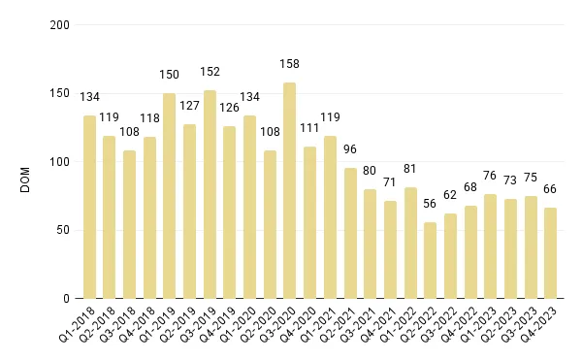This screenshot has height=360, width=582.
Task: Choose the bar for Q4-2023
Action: [x=550, y=253]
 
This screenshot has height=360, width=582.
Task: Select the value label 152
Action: [x=210, y=71]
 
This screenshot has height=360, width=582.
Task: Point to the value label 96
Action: [x=349, y=150]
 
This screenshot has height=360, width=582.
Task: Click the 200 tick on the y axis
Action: [x=59, y=25]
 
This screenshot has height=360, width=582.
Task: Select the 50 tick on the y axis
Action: [x=62, y=230]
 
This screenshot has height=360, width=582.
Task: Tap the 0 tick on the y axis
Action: [x=66, y=299]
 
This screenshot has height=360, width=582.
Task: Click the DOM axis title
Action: [x=26, y=162]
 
